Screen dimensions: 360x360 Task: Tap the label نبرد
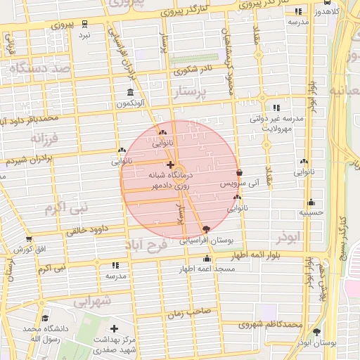coord(84,34)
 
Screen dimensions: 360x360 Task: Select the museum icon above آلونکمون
coord(130,93)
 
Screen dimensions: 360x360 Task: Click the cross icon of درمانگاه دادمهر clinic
coord(170,165)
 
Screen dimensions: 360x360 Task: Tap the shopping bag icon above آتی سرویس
coord(240,172)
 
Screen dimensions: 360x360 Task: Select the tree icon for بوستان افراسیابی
coord(205,229)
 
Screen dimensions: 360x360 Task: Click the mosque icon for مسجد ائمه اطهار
coord(207,259)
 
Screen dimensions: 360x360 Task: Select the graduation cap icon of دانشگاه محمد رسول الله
coord(46,318)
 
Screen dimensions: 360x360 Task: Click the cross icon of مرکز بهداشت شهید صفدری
coord(114,328)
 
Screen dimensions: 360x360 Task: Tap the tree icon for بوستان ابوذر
coord(316,331)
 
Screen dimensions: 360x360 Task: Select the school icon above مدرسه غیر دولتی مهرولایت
coord(276,108)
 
